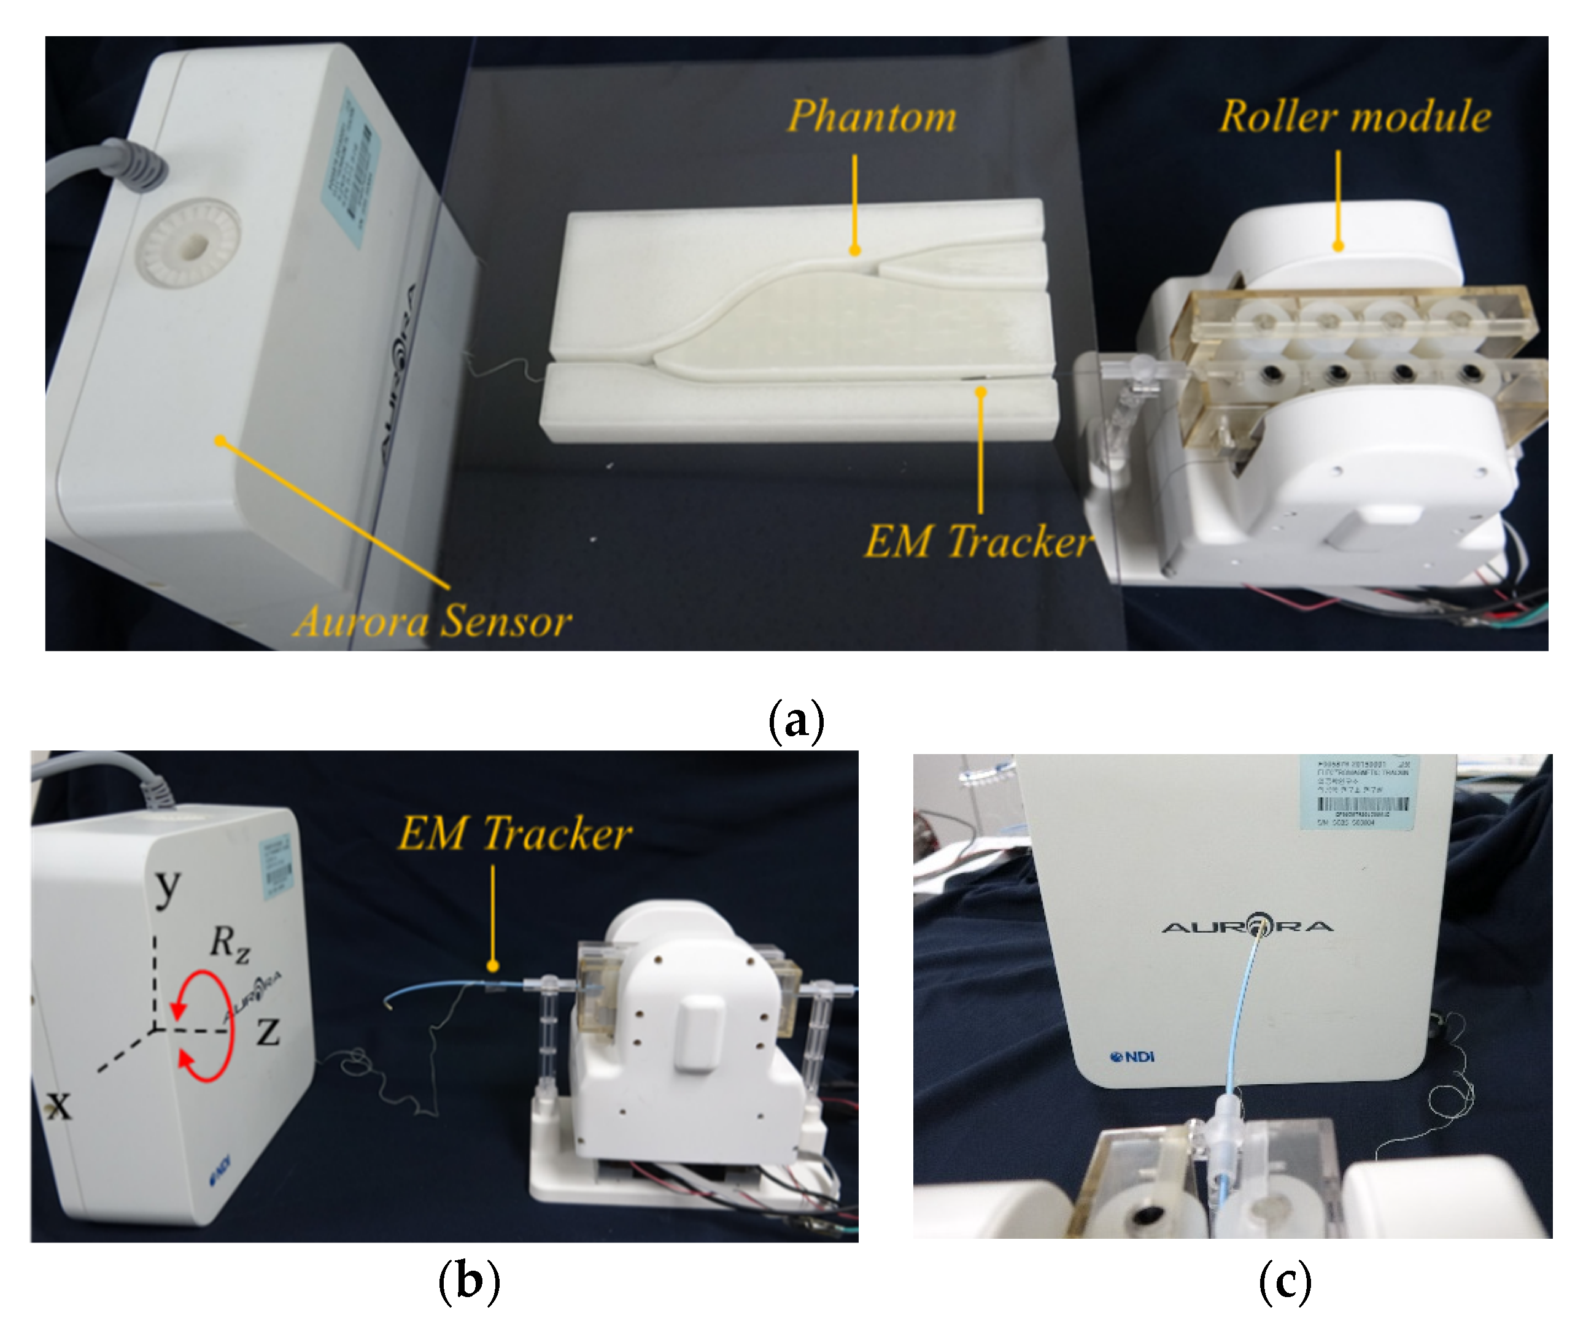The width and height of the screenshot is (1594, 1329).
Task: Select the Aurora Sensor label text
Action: pyautogui.click(x=433, y=621)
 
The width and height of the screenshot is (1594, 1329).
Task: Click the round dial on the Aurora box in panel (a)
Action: pyautogui.click(x=193, y=244)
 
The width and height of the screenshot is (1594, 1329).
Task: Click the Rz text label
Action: pyautogui.click(x=229, y=944)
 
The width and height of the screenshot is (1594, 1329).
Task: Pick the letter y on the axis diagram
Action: pyautogui.click(x=168, y=887)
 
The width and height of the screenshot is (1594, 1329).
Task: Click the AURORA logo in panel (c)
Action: pyautogui.click(x=1247, y=926)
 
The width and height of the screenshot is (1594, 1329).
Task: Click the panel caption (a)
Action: pyautogui.click(x=796, y=720)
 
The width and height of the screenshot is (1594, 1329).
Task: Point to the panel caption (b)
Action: pyautogui.click(x=469, y=1281)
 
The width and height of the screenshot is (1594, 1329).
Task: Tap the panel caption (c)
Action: pyautogui.click(x=1285, y=1281)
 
